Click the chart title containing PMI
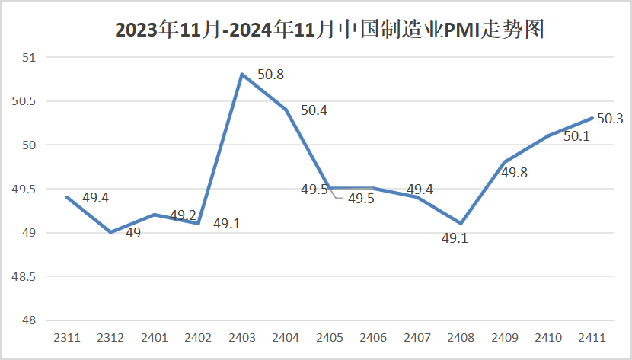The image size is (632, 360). [x=329, y=30]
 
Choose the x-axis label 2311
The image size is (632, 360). [x=67, y=336]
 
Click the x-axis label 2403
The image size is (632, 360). [x=242, y=336]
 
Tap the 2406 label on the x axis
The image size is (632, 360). [x=374, y=336]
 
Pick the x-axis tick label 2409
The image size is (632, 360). [x=505, y=336]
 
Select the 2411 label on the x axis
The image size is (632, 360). [x=592, y=336]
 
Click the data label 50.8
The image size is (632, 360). [x=271, y=75]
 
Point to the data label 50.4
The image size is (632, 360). [x=314, y=110]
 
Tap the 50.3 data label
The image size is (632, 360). [x=610, y=118]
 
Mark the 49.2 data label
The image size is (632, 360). [x=183, y=215]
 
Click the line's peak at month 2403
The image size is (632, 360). [x=242, y=75]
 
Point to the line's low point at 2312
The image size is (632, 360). [x=111, y=232]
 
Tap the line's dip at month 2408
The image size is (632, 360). [x=461, y=224]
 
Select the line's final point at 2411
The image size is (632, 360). [x=592, y=118]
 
